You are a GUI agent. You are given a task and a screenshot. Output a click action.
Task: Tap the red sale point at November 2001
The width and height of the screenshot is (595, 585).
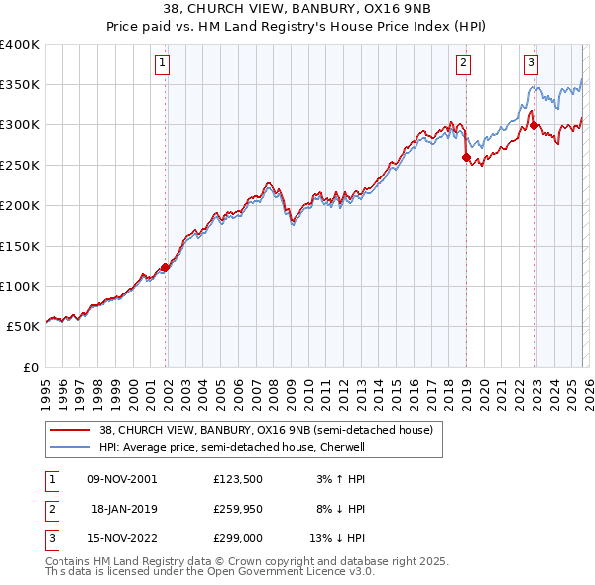[166, 266]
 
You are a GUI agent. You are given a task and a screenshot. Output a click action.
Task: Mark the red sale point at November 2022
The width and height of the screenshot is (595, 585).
[534, 125]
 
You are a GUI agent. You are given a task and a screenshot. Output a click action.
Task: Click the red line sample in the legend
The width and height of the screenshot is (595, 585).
[70, 431]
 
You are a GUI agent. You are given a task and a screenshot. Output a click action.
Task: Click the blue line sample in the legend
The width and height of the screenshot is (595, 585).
[70, 447]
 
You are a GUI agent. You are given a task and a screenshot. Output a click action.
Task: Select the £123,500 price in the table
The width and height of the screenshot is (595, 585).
[237, 479]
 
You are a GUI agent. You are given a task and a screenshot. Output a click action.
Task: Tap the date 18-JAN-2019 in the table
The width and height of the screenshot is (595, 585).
[125, 509]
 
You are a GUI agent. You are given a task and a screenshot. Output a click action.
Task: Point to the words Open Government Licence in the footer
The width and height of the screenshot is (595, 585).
[281, 572]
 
